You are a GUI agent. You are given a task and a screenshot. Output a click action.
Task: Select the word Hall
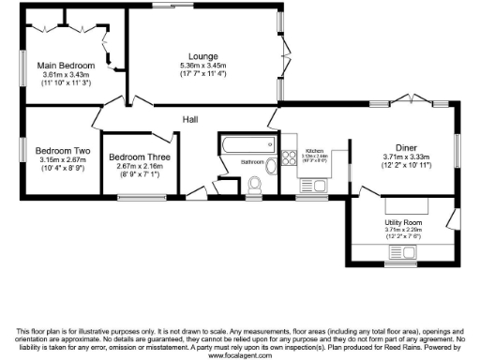(191, 120)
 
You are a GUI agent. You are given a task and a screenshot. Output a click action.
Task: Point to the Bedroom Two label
(63, 150)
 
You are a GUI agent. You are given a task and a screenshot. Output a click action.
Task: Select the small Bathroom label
(252, 162)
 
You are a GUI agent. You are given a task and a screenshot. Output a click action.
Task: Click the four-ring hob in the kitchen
(290, 157)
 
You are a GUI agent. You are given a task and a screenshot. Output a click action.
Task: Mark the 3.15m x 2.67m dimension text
(63, 159)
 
